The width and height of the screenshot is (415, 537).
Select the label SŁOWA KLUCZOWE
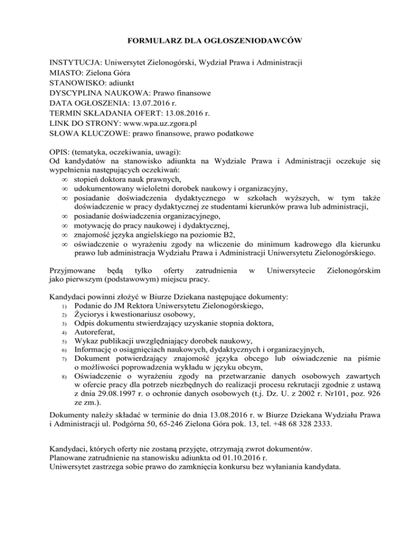click(x=90, y=133)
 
